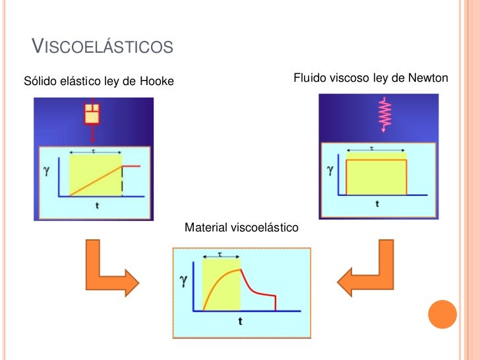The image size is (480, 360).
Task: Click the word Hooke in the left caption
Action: (x=158, y=82)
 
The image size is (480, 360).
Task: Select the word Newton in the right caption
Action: (x=427, y=78)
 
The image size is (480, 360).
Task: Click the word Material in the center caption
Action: (x=206, y=227)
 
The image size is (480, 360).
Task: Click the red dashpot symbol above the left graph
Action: (x=92, y=113)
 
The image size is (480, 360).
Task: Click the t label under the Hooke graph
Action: (x=98, y=205)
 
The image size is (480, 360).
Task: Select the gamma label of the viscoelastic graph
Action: (x=184, y=281)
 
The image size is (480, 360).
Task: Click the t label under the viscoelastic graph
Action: (x=240, y=321)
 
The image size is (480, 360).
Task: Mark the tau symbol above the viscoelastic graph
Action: (x=220, y=254)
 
